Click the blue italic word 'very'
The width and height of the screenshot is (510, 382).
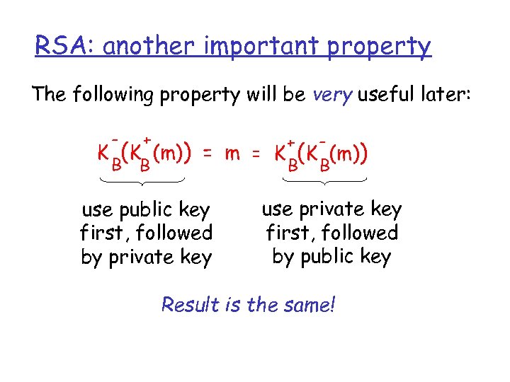click(331, 95)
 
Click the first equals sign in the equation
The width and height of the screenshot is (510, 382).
click(207, 153)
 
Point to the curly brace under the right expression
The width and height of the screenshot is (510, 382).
click(324, 184)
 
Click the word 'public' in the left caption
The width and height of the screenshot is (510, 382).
click(137, 210)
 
